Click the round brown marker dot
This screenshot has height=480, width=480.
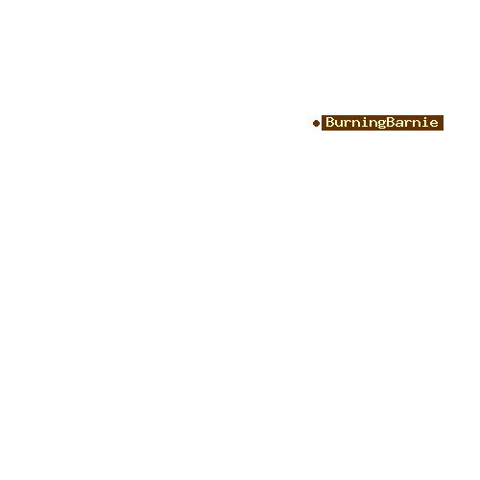click(316, 123)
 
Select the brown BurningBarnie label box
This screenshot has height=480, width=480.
click(382, 123)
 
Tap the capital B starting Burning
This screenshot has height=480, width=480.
click(330, 122)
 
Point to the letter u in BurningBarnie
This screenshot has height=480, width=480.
click(339, 124)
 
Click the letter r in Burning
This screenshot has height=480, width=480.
click(348, 124)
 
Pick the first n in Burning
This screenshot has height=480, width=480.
click(356, 124)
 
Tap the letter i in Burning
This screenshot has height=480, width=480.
click(365, 122)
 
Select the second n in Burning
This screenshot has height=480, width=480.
click(373, 124)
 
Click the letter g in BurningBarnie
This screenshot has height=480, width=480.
click(382, 125)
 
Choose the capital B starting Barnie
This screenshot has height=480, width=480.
click(391, 122)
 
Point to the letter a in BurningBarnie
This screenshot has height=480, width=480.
click(399, 124)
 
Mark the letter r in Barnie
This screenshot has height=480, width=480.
click(408, 124)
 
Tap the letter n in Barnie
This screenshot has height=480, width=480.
click(417, 124)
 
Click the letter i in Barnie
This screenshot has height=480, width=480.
click(425, 122)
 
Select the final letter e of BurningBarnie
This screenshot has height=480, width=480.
click(434, 124)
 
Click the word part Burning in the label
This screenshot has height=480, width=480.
click(356, 123)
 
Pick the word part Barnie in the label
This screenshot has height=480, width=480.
click(413, 122)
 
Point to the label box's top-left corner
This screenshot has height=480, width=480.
click(322, 115)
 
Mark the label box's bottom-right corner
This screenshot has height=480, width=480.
click(444, 131)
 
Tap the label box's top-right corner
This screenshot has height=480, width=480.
click(444, 115)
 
